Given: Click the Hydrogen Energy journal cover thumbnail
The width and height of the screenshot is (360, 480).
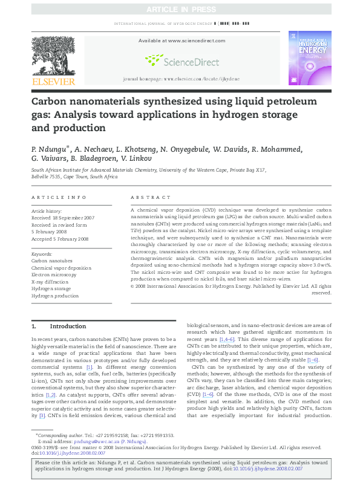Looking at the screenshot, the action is pos(309,59).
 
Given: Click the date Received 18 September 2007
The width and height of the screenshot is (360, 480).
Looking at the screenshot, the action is pos(63,217).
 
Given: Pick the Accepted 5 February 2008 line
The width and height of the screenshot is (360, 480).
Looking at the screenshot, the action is pos(61,239).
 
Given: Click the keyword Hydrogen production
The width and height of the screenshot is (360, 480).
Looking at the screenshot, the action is pos(55,296).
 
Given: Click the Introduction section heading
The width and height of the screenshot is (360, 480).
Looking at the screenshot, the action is pos(67,326).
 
